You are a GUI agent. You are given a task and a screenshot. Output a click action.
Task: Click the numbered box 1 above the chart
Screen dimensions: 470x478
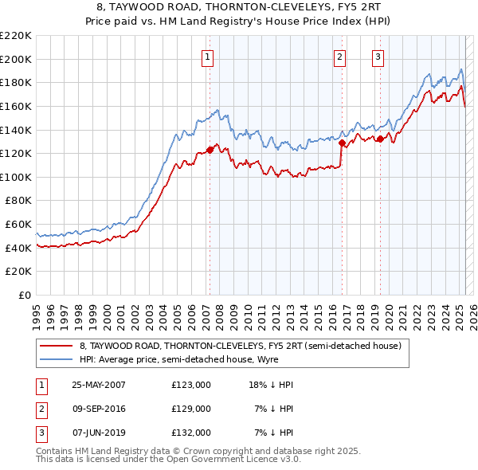tap(207, 56)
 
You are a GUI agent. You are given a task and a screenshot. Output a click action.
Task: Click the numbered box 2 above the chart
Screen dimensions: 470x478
tap(339, 56)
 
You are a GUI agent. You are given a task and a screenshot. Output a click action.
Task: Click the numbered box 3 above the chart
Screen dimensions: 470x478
tap(377, 56)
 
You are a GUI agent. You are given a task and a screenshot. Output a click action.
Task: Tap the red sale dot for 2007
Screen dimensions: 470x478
tap(210, 149)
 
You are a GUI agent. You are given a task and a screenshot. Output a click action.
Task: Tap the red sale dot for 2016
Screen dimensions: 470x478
tap(341, 143)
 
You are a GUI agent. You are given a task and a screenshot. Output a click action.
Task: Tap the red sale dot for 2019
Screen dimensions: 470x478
tap(380, 139)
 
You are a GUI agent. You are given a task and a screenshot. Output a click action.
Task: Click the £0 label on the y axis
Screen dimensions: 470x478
tap(25, 295)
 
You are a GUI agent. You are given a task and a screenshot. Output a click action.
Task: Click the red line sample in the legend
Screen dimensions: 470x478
tap(57, 347)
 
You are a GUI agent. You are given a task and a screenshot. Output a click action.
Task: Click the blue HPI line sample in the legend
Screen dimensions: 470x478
tap(57, 359)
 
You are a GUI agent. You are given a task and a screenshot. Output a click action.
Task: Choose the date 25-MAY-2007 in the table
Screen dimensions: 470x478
tap(99, 385)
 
